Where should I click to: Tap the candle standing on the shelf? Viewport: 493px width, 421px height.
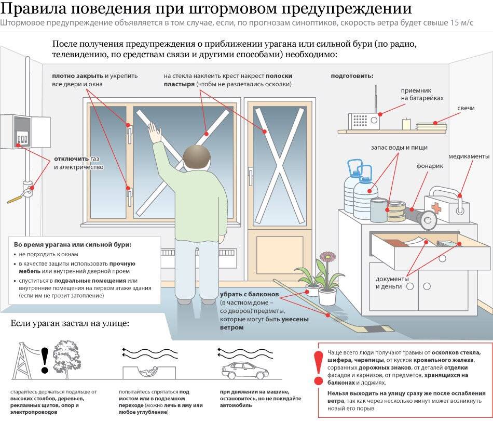406,124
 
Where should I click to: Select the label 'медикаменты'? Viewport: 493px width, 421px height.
469,156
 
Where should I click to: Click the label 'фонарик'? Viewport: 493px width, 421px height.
430,167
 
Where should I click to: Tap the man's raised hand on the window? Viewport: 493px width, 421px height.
154,132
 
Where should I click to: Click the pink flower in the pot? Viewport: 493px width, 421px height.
327,256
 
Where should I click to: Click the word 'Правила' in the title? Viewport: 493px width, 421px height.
33,9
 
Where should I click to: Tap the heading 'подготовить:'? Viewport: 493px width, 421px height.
352,76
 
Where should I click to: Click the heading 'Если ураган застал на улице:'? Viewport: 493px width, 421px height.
70,324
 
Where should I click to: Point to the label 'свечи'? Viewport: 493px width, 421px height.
465,108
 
